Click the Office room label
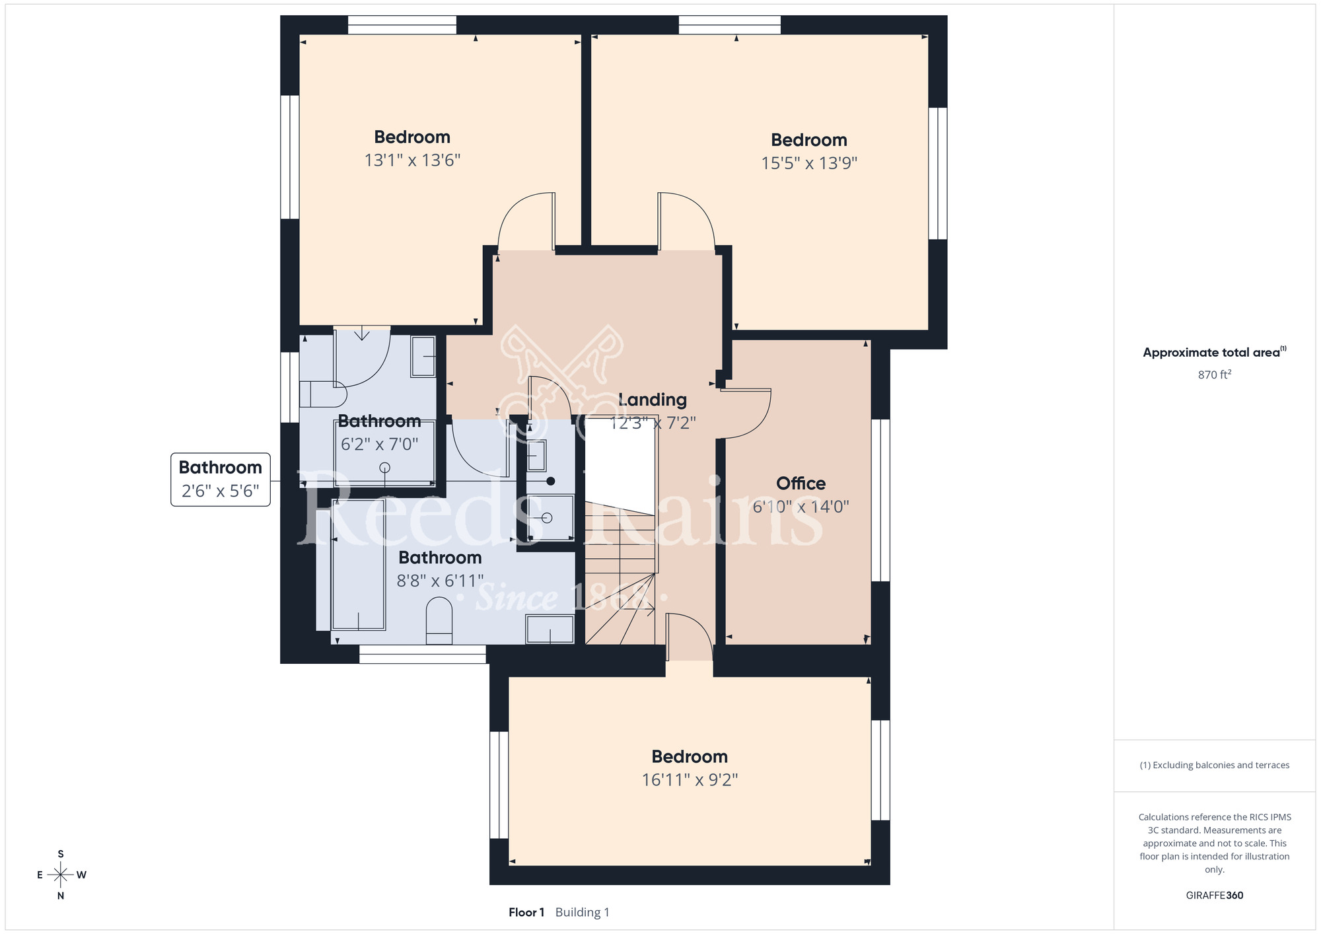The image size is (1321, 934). click(x=801, y=484)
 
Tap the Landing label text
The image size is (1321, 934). click(x=653, y=400)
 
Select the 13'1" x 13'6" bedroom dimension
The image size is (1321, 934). click(x=412, y=161)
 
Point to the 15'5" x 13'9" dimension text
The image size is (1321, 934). click(x=809, y=163)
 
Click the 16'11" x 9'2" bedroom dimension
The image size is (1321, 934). click(x=690, y=780)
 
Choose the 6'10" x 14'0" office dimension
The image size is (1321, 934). click(x=801, y=507)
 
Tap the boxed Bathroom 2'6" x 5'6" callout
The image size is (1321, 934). click(x=221, y=480)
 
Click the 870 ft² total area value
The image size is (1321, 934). click(x=1215, y=375)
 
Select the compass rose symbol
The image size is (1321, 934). click(x=61, y=875)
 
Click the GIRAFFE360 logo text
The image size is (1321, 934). click(x=1215, y=896)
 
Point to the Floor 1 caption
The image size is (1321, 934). click(x=526, y=912)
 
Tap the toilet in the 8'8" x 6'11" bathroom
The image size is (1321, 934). click(x=439, y=620)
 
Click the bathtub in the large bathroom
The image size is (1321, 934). click(x=358, y=565)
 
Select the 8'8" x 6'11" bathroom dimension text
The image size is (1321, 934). click(x=440, y=581)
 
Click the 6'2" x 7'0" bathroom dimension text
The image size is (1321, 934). click(x=380, y=445)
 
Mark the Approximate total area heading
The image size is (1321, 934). click(x=1215, y=352)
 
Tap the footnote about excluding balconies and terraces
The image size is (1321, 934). click(x=1215, y=765)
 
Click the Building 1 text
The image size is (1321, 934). click(x=583, y=912)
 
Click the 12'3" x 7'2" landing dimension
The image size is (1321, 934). click(x=653, y=423)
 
